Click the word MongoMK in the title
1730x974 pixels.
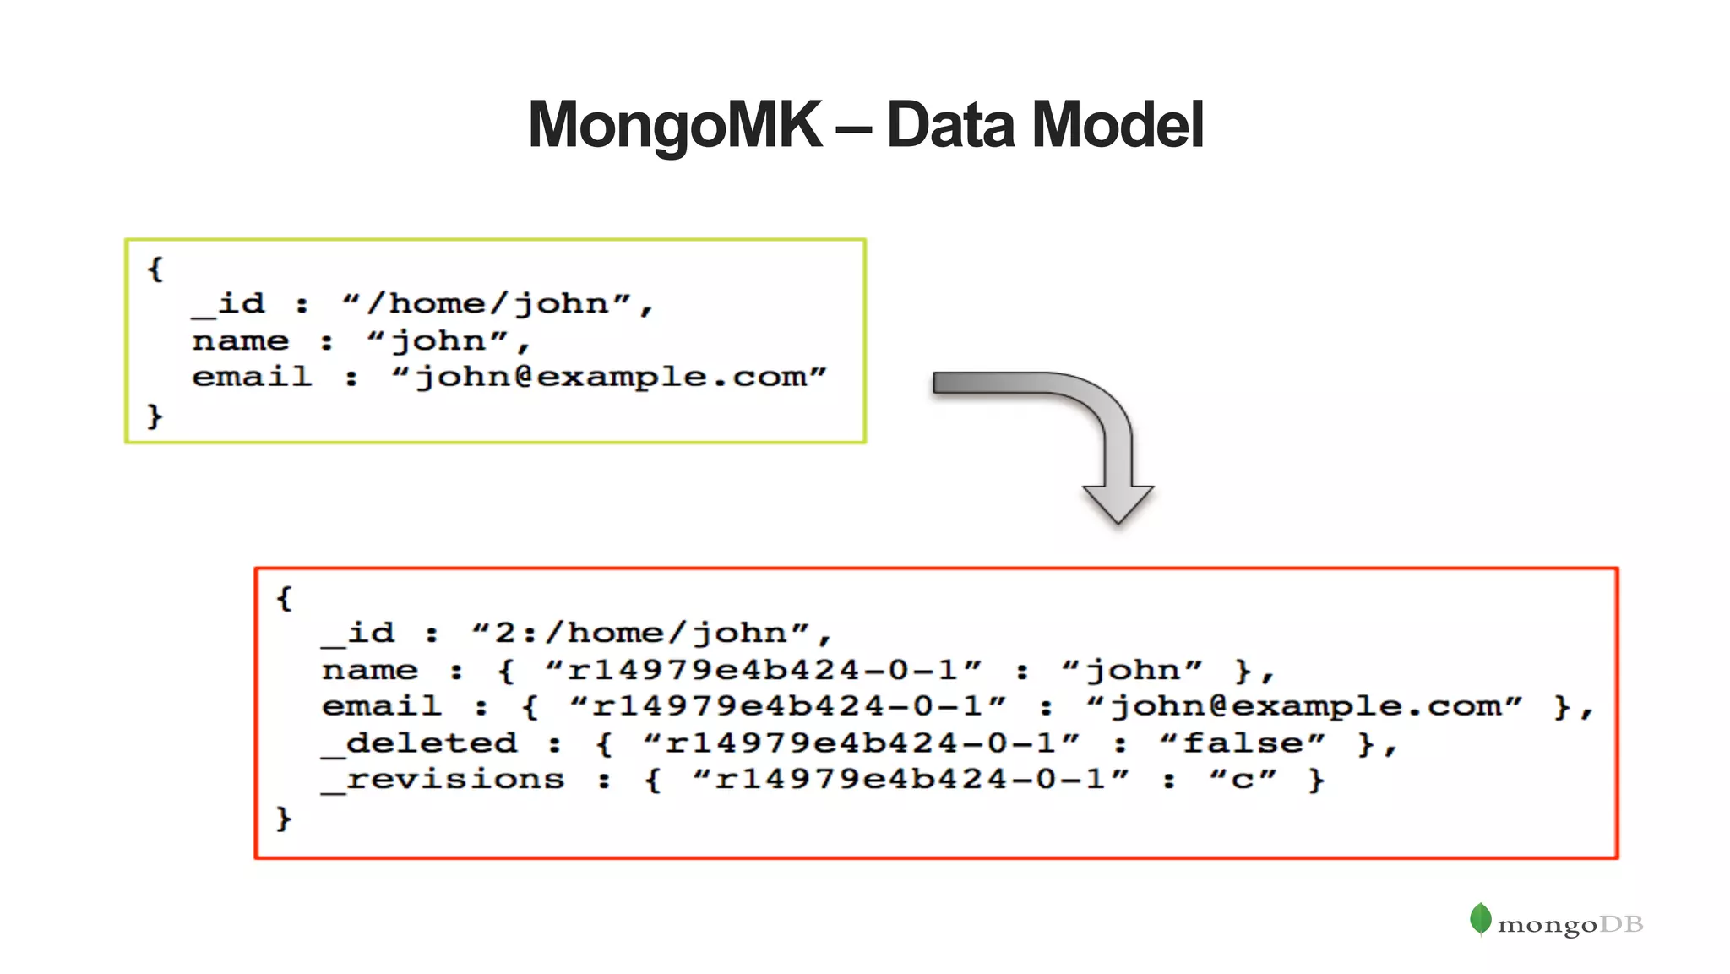point(674,125)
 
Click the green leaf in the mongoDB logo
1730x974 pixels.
point(1480,919)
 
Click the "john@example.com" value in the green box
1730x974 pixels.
point(609,377)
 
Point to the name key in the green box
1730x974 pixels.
point(241,340)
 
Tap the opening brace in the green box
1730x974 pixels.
point(155,269)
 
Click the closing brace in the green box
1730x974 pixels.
point(155,416)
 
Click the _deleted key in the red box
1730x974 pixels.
point(420,743)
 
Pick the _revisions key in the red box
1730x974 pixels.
point(443,779)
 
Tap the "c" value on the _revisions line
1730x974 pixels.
point(1243,779)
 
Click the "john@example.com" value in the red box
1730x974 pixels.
point(1304,706)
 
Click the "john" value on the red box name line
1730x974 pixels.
point(1132,670)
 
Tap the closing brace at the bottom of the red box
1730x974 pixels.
point(284,818)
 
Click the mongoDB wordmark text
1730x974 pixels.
point(1570,925)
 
